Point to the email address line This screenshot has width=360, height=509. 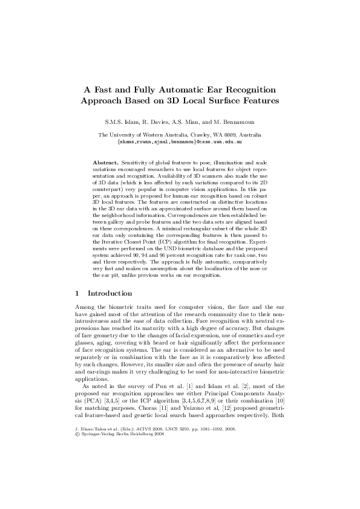click(180, 141)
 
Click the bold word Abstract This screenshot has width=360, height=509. click(105, 163)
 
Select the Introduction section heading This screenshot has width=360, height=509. click(110, 293)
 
